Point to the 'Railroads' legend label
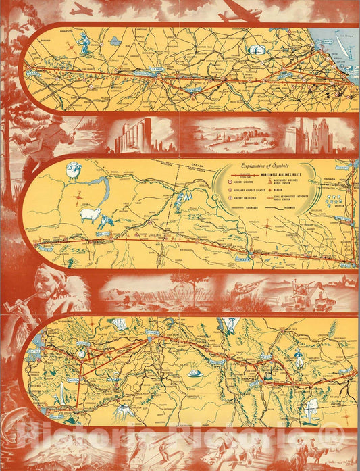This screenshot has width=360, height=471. click(x=249, y=209)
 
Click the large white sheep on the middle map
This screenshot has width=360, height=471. click(x=89, y=216)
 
